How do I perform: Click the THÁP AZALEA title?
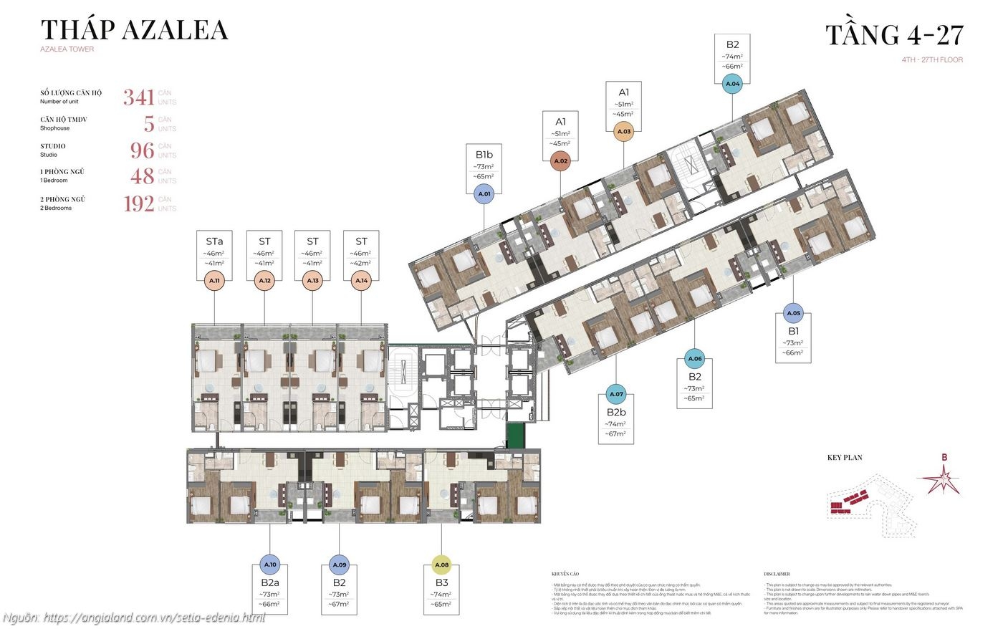coord(134,30)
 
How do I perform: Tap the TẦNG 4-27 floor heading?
coord(894,35)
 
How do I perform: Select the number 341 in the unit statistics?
coord(138,97)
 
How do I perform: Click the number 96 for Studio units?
coord(142,150)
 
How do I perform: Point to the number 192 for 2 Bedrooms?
coord(138,203)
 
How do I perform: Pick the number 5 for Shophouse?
coord(149,123)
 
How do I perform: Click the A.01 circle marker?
coord(484,193)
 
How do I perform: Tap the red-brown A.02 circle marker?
coord(560,161)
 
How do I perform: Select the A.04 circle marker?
coord(732,84)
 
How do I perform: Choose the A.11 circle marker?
coord(215,281)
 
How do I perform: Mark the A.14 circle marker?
coord(362,281)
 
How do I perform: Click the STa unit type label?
coord(214,241)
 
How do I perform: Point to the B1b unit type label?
coord(484,154)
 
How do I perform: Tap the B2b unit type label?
coord(615,412)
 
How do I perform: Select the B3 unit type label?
coord(441,582)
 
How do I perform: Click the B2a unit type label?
coord(269,582)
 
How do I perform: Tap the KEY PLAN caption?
coord(845,458)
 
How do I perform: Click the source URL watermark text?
coord(134,617)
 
